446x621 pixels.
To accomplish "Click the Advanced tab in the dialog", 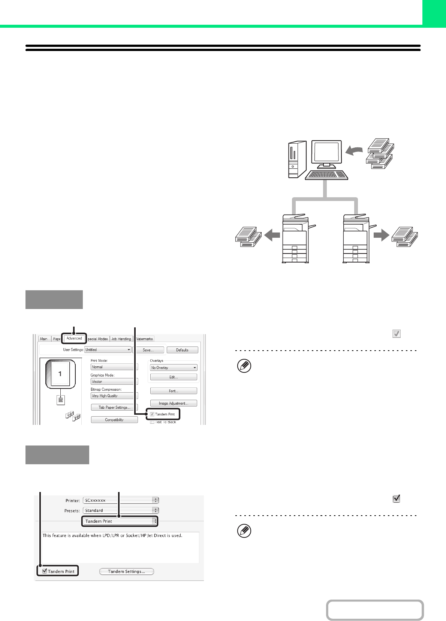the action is coord(74,338).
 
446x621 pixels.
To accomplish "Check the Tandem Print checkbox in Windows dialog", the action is coord(152,414).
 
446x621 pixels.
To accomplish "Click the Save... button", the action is coord(148,350).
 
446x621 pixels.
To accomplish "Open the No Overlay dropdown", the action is coord(174,367).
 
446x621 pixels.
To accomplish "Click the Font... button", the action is coord(174,391).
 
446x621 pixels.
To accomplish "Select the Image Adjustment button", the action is coord(174,403).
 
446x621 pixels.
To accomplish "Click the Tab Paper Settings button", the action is coord(114,407).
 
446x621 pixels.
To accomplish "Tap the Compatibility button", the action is coord(114,420).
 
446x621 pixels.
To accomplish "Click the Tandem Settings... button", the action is coord(127,571).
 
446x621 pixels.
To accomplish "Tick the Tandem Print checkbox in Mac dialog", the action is coord(45,571).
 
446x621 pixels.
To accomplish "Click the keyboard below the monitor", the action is coord(326,175).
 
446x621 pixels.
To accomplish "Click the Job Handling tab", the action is coord(121,339).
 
